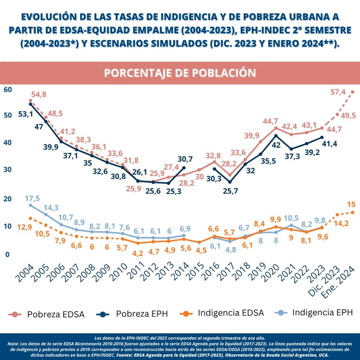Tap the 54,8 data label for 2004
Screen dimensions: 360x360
[39, 95]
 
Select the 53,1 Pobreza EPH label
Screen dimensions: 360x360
[26, 114]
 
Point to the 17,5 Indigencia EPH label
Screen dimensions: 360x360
[32, 198]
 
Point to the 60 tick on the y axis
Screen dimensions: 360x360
[8, 89]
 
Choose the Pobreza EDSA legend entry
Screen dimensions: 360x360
[47, 314]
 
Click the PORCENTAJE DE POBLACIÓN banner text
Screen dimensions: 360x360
[180, 73]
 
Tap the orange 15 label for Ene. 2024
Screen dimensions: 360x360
[351, 204]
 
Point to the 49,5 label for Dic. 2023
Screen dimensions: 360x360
[348, 116]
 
